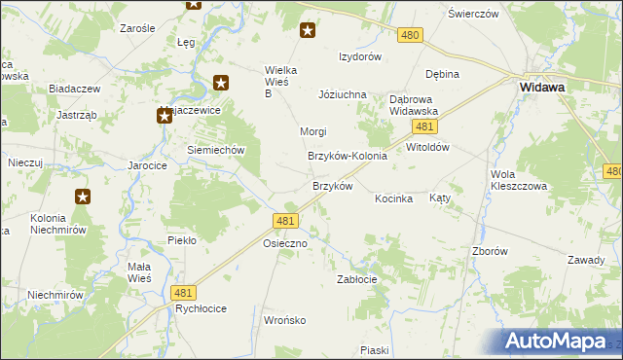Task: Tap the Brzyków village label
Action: pyautogui.click(x=331, y=186)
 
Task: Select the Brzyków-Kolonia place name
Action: pyautogui.click(x=348, y=156)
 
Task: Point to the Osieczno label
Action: pyautogui.click(x=285, y=244)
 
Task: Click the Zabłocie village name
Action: pyautogui.click(x=356, y=278)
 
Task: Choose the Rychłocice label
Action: pyautogui.click(x=201, y=308)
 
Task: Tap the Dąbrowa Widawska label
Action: pyautogui.click(x=414, y=105)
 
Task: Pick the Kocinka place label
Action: pyautogui.click(x=394, y=198)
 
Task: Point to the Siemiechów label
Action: pyautogui.click(x=214, y=150)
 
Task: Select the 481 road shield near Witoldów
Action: pyautogui.click(x=422, y=127)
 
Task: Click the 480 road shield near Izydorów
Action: pyautogui.click(x=410, y=35)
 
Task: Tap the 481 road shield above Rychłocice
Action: pyautogui.click(x=182, y=292)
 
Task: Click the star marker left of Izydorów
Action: pyautogui.click(x=308, y=30)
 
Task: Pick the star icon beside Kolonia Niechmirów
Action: pyautogui.click(x=83, y=197)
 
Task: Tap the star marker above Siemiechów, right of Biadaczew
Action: pyautogui.click(x=221, y=84)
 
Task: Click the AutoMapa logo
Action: pyautogui.click(x=561, y=341)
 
